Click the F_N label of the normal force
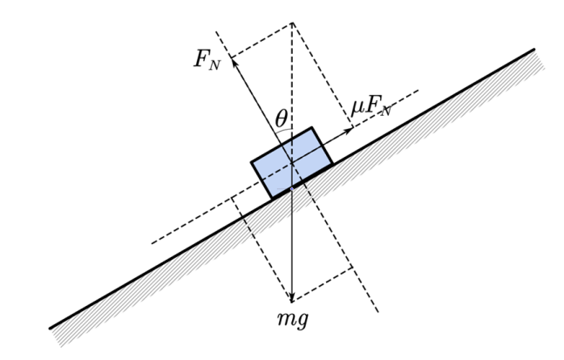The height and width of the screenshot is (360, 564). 207,59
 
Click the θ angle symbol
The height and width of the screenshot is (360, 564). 282,119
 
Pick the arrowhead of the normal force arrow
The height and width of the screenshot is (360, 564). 234,64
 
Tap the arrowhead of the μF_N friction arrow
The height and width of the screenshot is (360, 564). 348,131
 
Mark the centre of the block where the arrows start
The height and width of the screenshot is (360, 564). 292,163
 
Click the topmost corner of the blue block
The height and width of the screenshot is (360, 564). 311,127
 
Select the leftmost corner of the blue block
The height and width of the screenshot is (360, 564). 251,162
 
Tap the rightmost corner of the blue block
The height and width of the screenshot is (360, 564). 333,164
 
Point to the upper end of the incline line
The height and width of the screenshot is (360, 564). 534,50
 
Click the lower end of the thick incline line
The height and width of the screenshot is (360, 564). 50,328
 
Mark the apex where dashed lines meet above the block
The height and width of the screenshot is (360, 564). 292,23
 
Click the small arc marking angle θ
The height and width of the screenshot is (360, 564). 284,130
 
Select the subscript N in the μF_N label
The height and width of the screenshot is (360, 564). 385,112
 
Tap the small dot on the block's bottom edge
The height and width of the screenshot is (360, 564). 292,188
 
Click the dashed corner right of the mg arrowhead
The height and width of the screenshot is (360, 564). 352,268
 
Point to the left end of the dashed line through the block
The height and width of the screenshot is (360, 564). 152,243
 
